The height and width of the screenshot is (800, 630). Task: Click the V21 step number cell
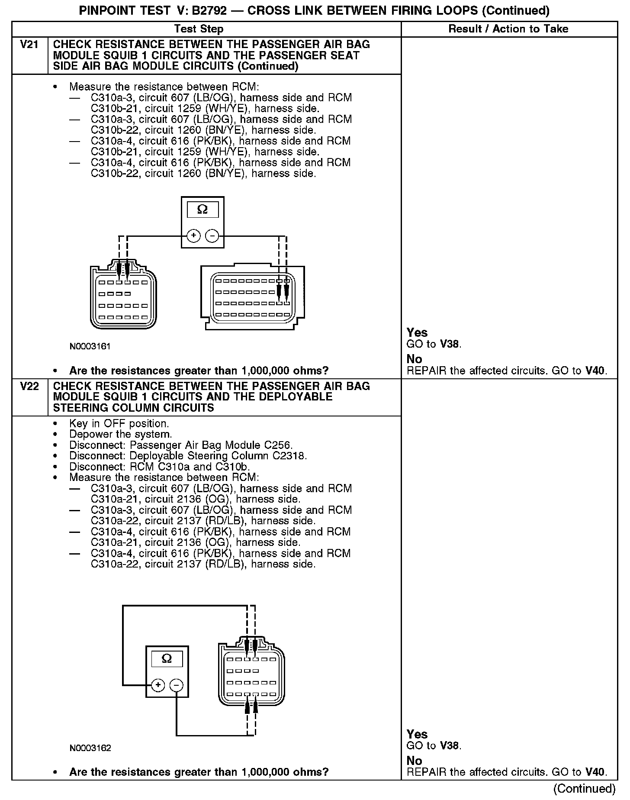[x=29, y=45]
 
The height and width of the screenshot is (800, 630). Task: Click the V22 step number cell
[x=29, y=386]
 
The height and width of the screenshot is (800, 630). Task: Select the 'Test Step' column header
[x=199, y=29]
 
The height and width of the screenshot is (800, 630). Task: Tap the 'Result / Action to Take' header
[x=508, y=29]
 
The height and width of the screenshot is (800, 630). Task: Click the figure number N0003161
[x=90, y=346]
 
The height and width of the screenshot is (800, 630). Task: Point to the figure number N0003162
[x=90, y=748]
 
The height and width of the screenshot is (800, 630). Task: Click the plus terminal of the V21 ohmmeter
[x=193, y=236]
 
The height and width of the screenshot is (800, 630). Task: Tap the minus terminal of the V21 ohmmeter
[x=212, y=236]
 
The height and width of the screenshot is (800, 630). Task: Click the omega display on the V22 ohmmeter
[x=167, y=659]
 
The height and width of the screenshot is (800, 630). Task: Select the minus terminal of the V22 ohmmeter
[x=176, y=685]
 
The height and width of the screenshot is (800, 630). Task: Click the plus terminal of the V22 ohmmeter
[x=158, y=685]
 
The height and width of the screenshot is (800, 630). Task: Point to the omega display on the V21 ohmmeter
[x=202, y=210]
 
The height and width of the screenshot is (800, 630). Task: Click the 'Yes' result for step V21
[x=417, y=332]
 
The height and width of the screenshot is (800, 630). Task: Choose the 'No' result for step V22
[x=414, y=761]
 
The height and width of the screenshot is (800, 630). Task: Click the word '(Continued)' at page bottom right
[x=584, y=788]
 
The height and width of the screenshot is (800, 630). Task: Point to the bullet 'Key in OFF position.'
[x=119, y=423]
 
